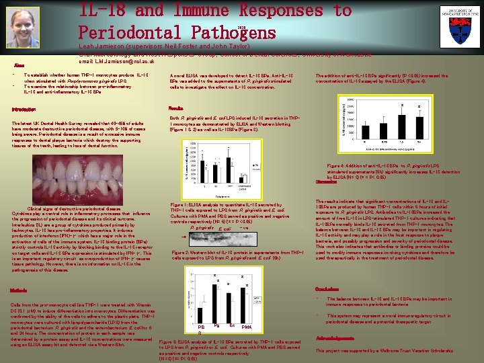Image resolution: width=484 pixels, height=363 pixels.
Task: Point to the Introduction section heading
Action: pyautogui.click(x=24, y=110)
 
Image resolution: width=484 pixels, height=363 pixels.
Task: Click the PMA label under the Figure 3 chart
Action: pyautogui.click(x=246, y=327)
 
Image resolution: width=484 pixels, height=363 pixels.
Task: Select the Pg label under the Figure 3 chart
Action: pyautogui.click(x=216, y=325)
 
